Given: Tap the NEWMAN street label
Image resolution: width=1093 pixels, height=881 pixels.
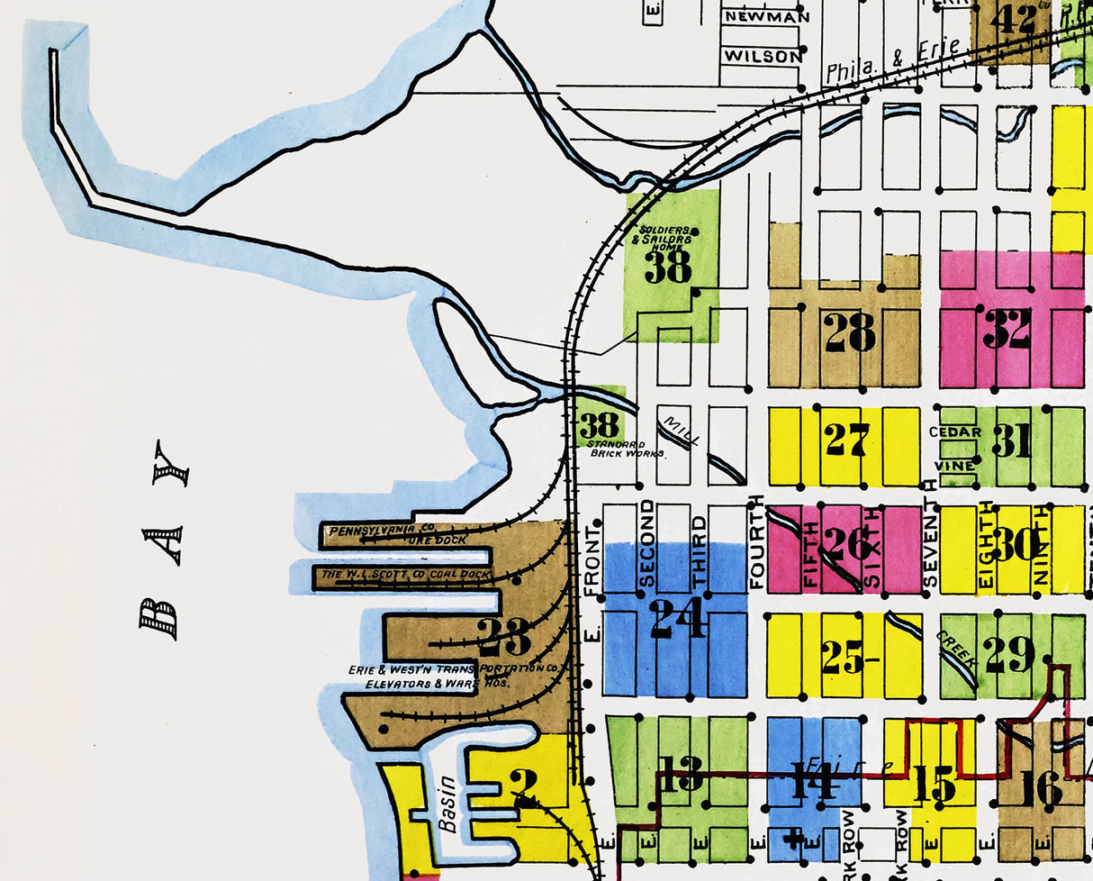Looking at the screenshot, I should (767, 16).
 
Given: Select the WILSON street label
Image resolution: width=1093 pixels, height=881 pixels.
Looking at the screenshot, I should (762, 56).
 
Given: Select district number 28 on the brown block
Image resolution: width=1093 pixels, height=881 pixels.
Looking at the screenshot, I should (849, 333).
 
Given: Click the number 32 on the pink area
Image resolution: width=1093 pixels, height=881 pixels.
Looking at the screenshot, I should (1007, 329).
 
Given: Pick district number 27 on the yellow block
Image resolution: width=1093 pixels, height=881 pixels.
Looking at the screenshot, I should (847, 440).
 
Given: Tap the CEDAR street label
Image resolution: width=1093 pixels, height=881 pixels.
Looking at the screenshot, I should (955, 432).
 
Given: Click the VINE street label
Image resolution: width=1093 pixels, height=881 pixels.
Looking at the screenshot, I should (954, 466).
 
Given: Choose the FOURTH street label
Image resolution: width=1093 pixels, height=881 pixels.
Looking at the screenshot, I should (756, 541).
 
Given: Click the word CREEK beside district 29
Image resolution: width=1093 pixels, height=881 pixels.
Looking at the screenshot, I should (955, 652).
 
